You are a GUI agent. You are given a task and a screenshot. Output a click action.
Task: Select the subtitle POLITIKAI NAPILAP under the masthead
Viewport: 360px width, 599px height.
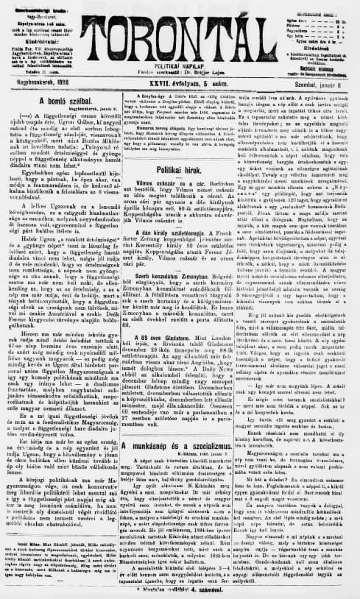tap(181, 64)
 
